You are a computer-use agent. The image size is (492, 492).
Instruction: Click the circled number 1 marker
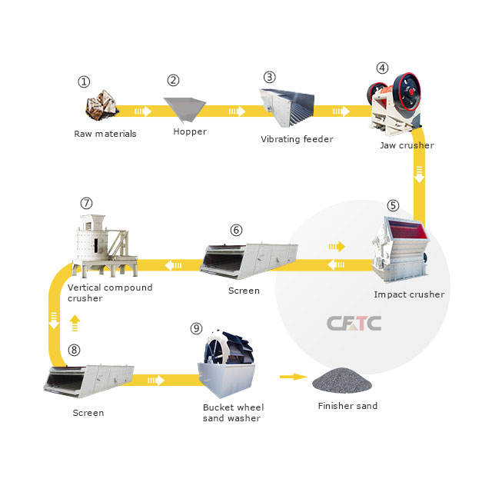point(85,81)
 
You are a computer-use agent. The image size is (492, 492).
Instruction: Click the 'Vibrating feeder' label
point(297,139)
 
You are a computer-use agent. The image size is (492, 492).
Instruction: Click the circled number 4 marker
point(382,67)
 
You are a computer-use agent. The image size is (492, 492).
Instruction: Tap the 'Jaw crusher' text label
point(407,145)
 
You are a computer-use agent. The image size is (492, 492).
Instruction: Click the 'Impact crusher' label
point(409,294)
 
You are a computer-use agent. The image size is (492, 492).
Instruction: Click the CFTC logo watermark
point(354,323)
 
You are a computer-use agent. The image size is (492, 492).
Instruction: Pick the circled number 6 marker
point(236,229)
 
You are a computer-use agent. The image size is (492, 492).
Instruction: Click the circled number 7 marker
point(86,203)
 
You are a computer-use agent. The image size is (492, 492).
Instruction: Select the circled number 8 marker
point(74,350)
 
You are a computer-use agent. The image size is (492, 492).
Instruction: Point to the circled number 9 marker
point(196,328)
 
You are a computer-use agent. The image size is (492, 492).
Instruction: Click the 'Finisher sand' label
point(347,406)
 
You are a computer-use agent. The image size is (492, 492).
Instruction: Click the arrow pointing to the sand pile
point(291,377)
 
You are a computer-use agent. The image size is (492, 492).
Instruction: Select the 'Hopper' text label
point(190,131)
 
